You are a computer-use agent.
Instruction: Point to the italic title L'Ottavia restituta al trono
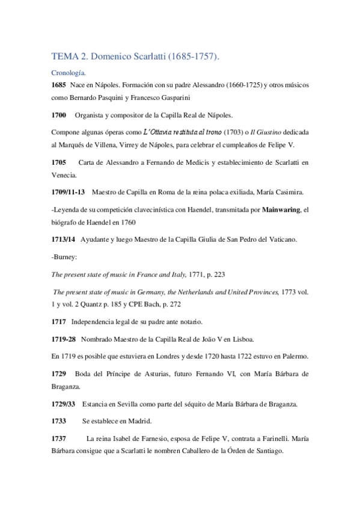click(x=182, y=132)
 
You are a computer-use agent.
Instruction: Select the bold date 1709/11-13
click(x=69, y=192)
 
